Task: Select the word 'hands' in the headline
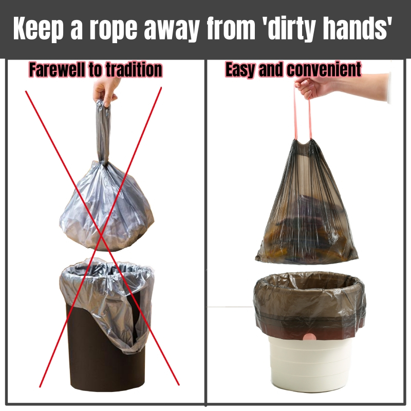(357, 28)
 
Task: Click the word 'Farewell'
(58, 69)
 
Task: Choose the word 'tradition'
(134, 70)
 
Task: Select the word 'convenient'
(324, 69)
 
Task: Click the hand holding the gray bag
(106, 90)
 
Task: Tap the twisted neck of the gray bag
(103, 133)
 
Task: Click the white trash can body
(309, 364)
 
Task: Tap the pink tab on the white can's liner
(310, 337)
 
